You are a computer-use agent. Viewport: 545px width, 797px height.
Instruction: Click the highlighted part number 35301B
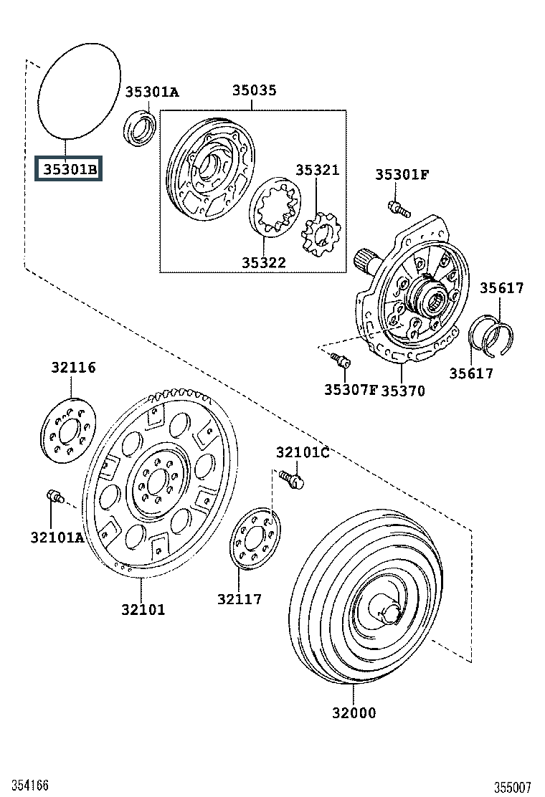(x=69, y=168)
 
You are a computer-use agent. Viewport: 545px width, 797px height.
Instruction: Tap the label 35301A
(x=152, y=92)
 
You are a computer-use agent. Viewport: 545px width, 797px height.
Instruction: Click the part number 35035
(x=254, y=90)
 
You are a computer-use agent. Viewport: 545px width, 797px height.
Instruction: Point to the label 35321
(x=317, y=170)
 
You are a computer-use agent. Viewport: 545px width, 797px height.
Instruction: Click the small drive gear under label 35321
(x=321, y=234)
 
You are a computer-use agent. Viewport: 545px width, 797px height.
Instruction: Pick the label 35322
(x=263, y=263)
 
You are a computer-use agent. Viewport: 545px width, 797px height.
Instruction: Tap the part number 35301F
(x=402, y=175)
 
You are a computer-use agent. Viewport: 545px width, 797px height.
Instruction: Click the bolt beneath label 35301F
(x=399, y=209)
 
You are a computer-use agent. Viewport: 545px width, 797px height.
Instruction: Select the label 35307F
(x=351, y=390)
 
